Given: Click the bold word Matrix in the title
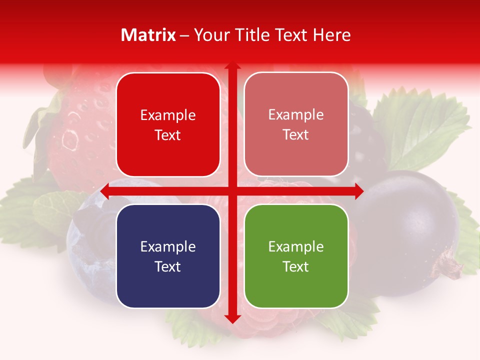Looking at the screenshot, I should (x=148, y=35).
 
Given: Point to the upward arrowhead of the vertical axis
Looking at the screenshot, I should (x=232, y=66).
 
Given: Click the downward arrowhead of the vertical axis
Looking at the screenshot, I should (x=232, y=318).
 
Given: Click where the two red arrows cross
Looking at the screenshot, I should (x=232, y=191).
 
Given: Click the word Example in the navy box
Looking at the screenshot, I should (x=168, y=246).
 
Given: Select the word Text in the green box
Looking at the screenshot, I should (x=296, y=266).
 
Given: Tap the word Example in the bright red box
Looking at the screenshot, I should (x=168, y=115).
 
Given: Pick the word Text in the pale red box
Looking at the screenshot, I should (x=296, y=135).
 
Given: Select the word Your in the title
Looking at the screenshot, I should (x=210, y=35).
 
